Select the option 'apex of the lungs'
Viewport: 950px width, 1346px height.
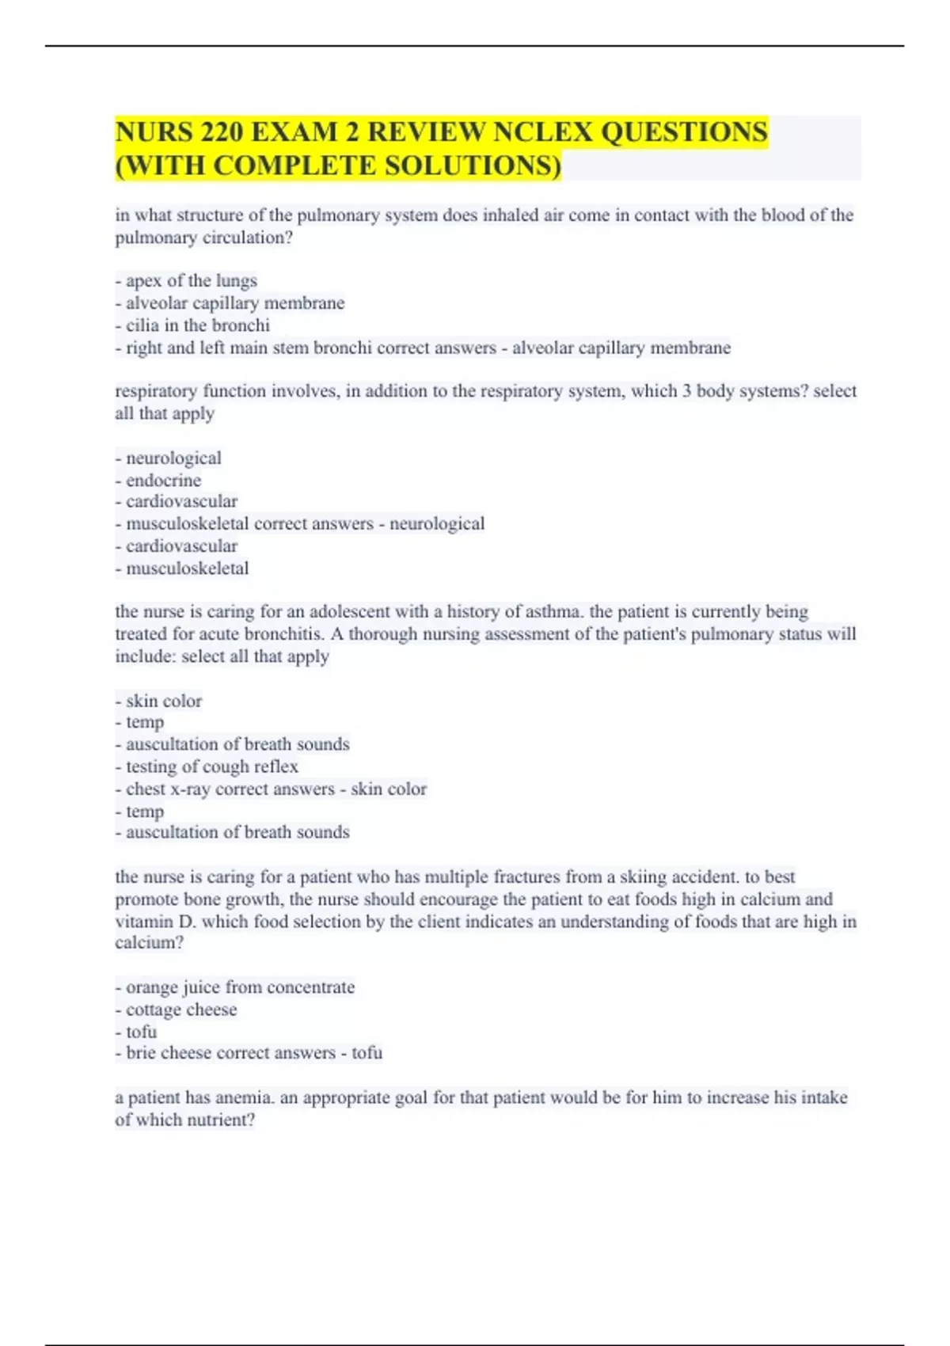(191, 281)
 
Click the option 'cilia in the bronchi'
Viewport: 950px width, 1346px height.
(197, 325)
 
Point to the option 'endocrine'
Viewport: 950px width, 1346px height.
(163, 481)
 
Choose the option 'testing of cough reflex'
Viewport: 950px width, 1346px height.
(211, 766)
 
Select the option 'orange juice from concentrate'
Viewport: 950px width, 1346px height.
(240, 987)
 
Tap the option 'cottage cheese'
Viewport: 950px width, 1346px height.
(181, 1009)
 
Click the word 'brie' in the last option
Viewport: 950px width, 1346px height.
(140, 1053)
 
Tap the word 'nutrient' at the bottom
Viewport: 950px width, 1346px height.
(218, 1120)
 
